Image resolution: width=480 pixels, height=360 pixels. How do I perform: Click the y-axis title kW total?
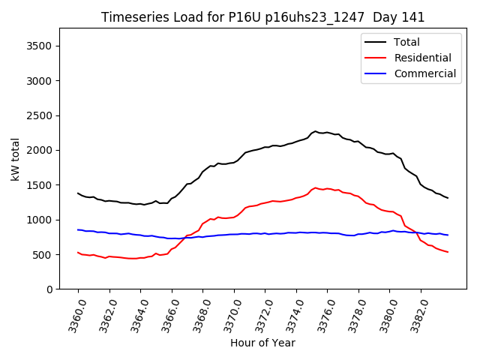pyautogui.click(x=15, y=159)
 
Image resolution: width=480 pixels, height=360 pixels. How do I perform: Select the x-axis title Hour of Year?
pyautogui.click(x=262, y=343)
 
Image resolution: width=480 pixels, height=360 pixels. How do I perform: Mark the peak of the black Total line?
pyautogui.click(x=316, y=131)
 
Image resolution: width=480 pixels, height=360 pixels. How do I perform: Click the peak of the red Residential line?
pyautogui.click(x=315, y=187)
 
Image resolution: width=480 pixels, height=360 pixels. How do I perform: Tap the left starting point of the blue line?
pyautogui.click(x=78, y=229)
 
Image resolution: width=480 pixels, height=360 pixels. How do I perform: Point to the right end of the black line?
pyautogui.click(x=448, y=198)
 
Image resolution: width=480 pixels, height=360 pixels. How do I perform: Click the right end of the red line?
pyautogui.click(x=448, y=252)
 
